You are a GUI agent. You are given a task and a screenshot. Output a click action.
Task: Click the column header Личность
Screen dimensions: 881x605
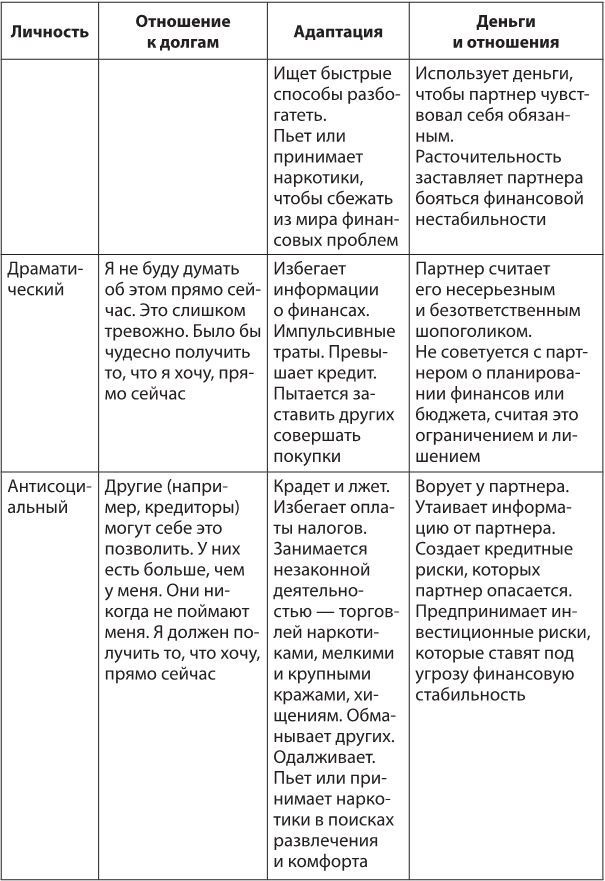point(49,32)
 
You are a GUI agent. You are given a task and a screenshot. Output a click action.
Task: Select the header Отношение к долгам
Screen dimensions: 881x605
point(182,32)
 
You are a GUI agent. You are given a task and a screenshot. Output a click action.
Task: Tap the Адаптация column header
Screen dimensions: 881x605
point(338,32)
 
